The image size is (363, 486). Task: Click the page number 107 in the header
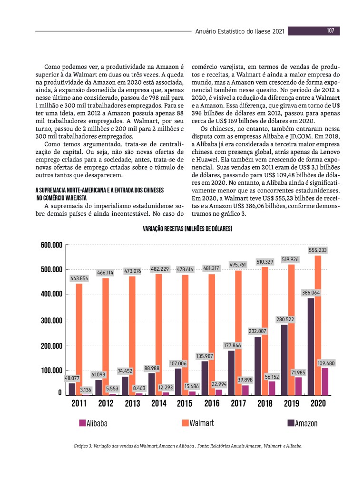coord(330,31)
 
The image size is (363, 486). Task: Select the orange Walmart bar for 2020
coord(318,325)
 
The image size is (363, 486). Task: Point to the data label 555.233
coord(318,250)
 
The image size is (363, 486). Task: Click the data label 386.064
coord(311,293)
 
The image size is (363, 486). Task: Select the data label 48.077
coord(72,379)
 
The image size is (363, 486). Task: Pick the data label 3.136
coord(86,390)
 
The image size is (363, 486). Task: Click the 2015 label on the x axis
coord(184,404)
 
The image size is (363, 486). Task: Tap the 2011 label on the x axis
coord(78,404)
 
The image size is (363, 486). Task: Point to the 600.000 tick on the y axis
coord(51,245)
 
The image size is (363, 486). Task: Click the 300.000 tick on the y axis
coord(51,320)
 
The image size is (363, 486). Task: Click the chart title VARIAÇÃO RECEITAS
coord(187,229)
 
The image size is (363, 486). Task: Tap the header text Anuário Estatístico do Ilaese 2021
coord(240,31)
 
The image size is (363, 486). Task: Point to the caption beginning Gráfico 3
coord(187,446)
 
